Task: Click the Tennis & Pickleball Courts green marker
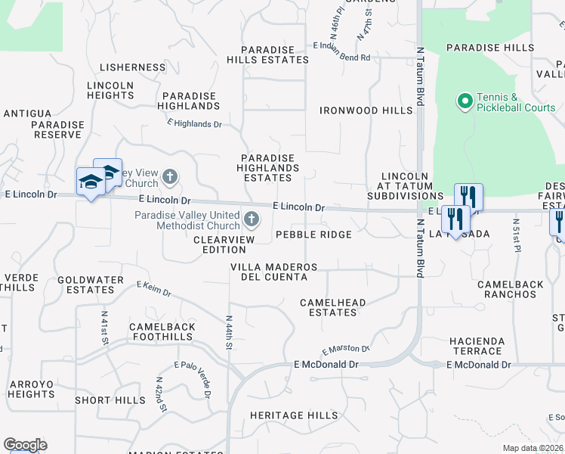pos(465,101)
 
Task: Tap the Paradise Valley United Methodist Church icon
pos(252,221)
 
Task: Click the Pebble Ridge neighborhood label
pos(313,235)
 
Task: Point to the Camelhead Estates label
pos(332,308)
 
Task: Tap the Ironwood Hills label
pos(366,110)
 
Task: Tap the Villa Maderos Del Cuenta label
pos(273,272)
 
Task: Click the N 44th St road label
pos(228,333)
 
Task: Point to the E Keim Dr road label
pos(154,289)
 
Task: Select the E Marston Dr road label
pos(345,350)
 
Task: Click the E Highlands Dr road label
pos(195,123)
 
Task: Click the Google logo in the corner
pos(25,445)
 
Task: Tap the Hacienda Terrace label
pos(477,346)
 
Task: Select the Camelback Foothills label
pos(162,332)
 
